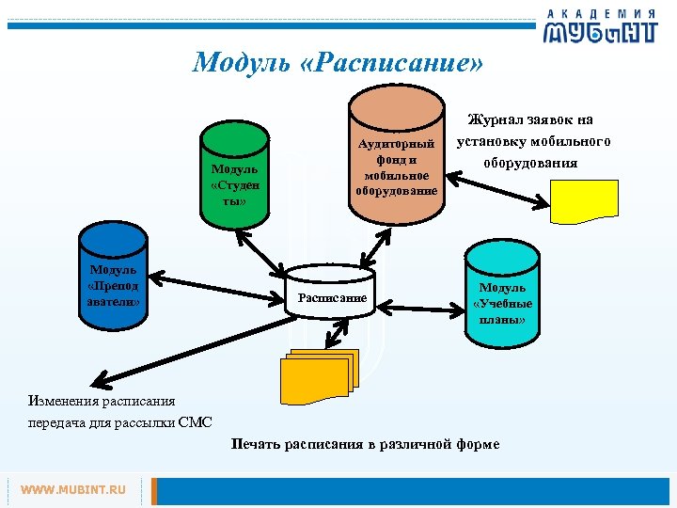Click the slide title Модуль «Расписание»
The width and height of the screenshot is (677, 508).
point(338,62)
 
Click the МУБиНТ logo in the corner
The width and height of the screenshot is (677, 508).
point(598,32)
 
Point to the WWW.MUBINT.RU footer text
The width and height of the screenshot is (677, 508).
point(73,490)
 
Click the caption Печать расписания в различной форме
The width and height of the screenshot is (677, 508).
point(365,444)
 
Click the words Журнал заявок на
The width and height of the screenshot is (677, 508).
point(530,119)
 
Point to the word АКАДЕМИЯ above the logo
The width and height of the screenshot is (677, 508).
point(602,12)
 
